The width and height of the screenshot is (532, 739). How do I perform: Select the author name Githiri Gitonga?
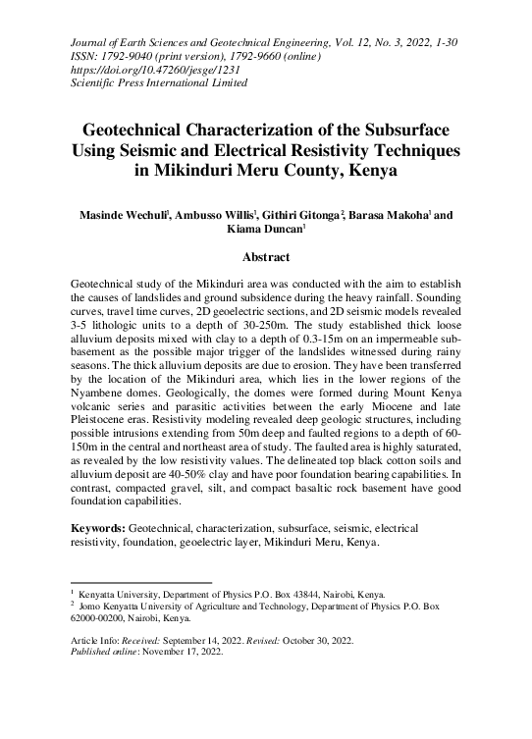[x=299, y=215]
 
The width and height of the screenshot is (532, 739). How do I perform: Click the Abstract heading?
[x=265, y=258]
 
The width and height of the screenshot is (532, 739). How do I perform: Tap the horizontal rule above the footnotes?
[x=141, y=582]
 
